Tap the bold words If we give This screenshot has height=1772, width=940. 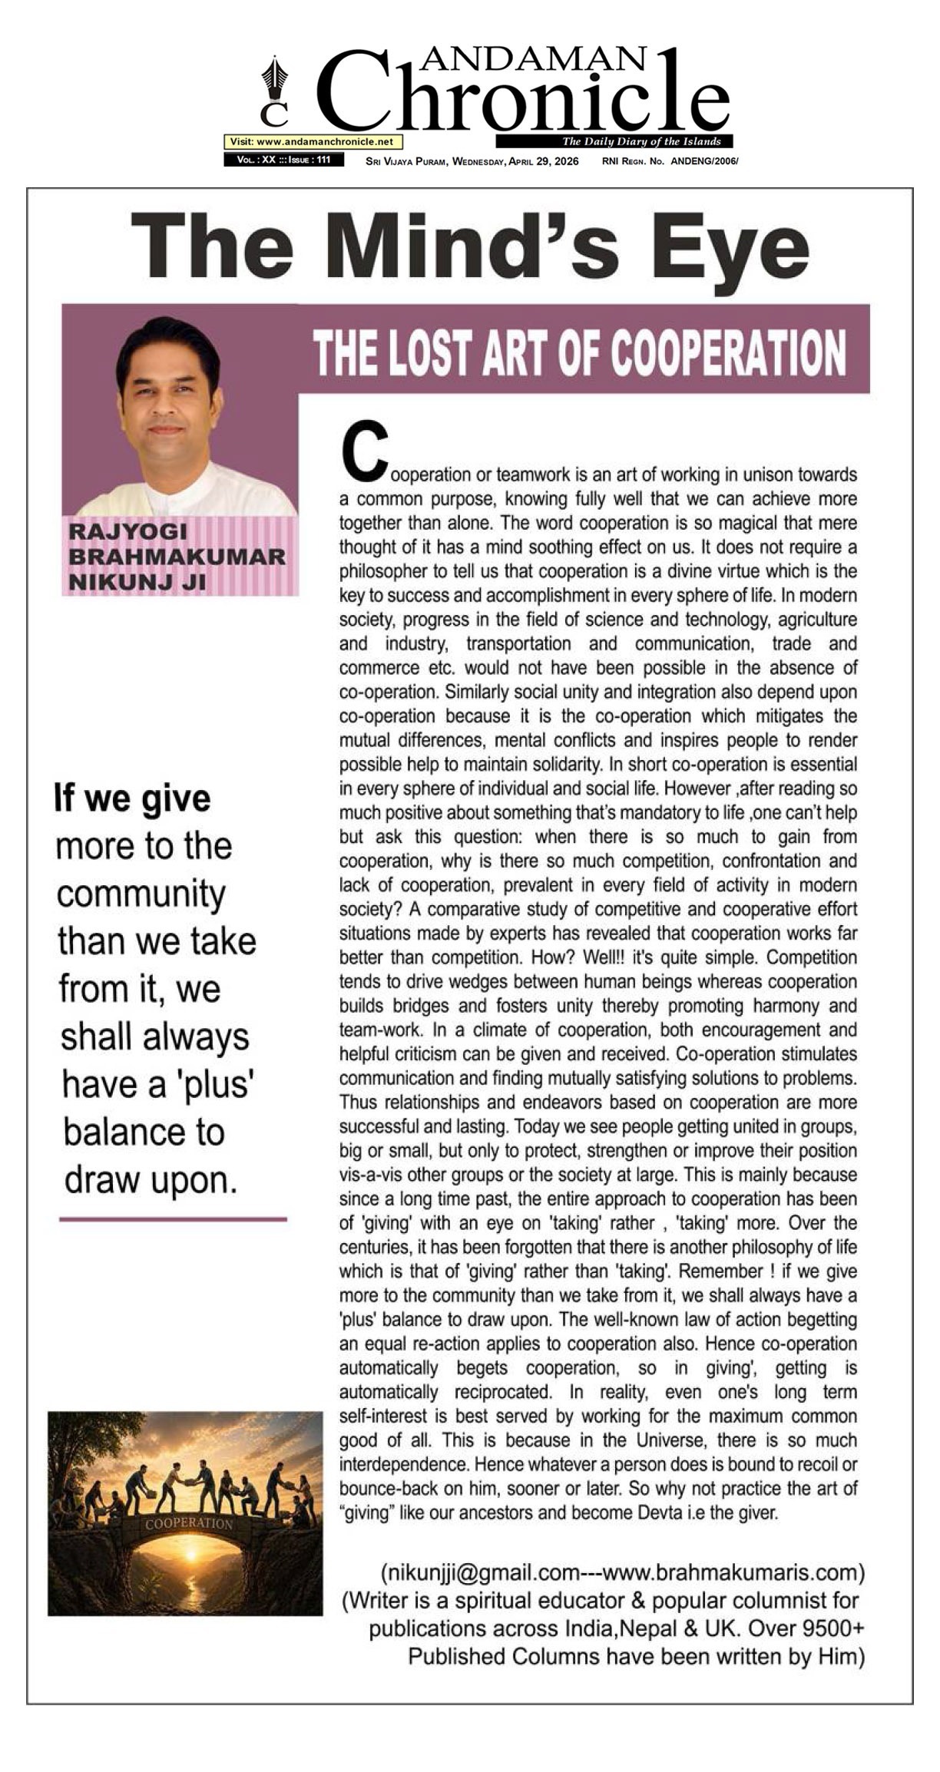point(132,798)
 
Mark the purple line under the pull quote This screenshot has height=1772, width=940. point(173,1218)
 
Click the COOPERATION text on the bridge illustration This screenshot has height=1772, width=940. point(189,1523)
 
